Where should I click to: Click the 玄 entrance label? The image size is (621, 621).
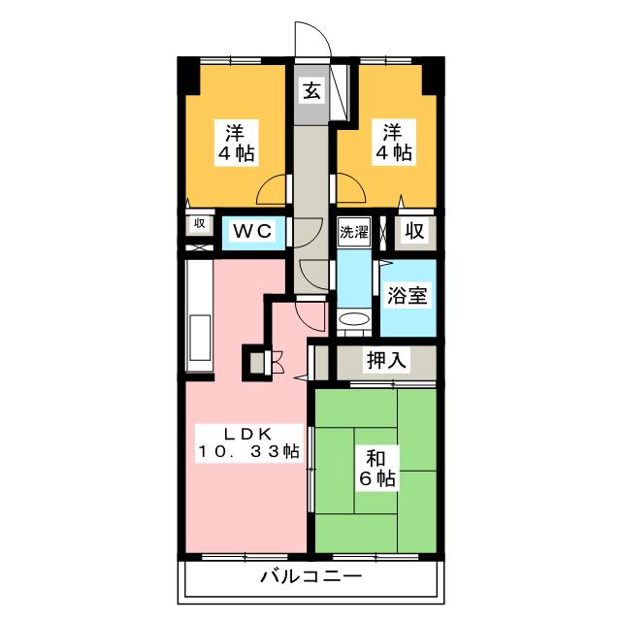click(x=312, y=92)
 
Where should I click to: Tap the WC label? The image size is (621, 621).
click(x=252, y=231)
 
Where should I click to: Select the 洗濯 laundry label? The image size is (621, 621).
click(x=354, y=232)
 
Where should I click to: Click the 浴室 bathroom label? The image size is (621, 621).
click(x=408, y=295)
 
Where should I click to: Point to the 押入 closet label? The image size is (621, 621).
click(x=386, y=360)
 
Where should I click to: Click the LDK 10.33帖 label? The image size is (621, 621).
click(x=248, y=442)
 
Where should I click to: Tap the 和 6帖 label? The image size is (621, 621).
click(x=377, y=469)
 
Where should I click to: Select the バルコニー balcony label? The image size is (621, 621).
click(x=310, y=576)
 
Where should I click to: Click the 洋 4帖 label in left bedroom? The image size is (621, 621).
click(x=237, y=143)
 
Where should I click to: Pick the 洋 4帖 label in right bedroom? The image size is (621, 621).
click(x=393, y=143)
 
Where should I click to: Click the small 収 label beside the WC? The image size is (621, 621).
click(x=200, y=223)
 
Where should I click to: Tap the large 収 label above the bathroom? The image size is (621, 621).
click(x=414, y=231)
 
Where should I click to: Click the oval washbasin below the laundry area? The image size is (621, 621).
click(x=354, y=319)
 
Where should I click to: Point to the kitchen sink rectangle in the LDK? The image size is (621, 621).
click(x=201, y=338)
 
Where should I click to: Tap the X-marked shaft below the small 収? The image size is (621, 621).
click(x=199, y=248)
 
